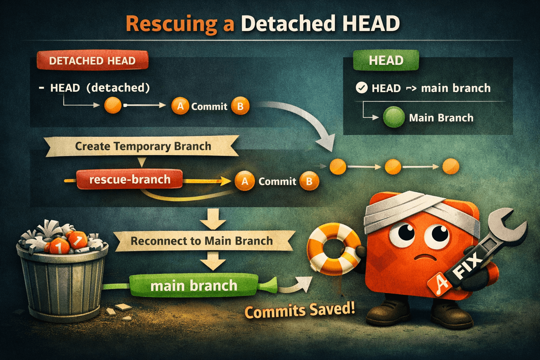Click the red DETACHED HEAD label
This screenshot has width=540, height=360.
(x=92, y=60)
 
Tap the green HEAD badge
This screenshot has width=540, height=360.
(x=386, y=60)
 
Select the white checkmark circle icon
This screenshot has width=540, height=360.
(x=362, y=88)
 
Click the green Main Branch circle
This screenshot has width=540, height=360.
(x=394, y=117)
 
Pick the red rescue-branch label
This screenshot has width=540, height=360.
(x=129, y=179)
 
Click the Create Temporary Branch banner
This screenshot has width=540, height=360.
(x=142, y=146)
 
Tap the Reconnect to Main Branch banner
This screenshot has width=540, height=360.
(x=204, y=241)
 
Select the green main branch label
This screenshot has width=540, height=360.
(x=194, y=285)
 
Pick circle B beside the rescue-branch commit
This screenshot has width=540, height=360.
(x=309, y=181)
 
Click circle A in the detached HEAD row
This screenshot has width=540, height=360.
(x=180, y=105)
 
